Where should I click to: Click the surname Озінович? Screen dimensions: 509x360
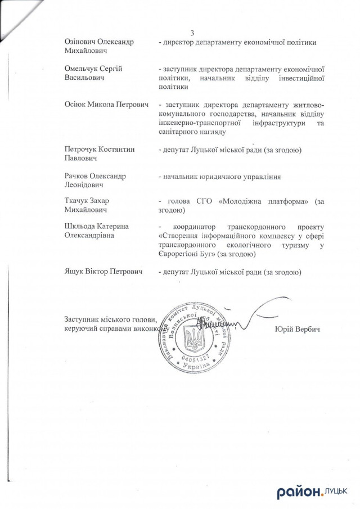[82, 42]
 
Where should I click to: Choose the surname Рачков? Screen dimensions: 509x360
[78, 176]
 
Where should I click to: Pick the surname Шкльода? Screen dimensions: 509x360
[82, 226]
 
